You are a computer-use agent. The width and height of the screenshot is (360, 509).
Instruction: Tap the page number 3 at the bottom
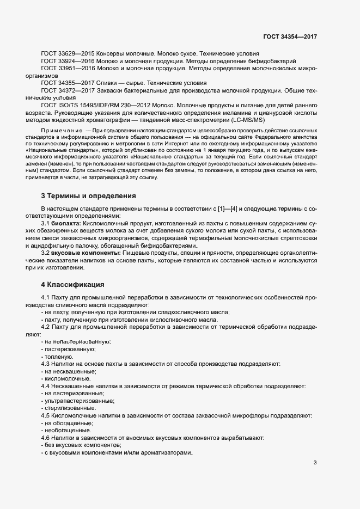coord(315,463)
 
